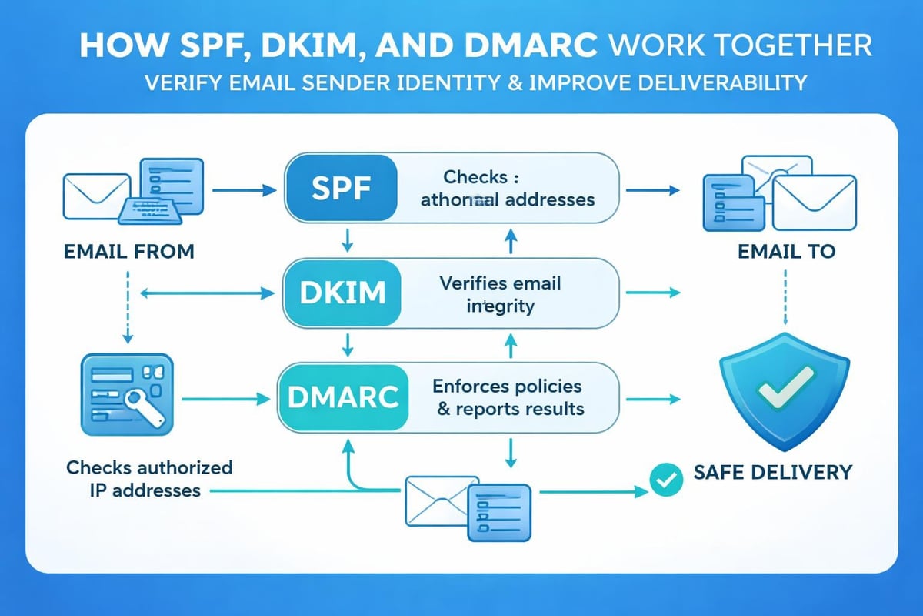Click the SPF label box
[341, 188]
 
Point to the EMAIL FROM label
[129, 251]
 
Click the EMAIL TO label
[785, 251]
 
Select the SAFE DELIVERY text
[772, 470]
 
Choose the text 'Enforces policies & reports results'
[508, 397]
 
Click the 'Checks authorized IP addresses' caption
[149, 478]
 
